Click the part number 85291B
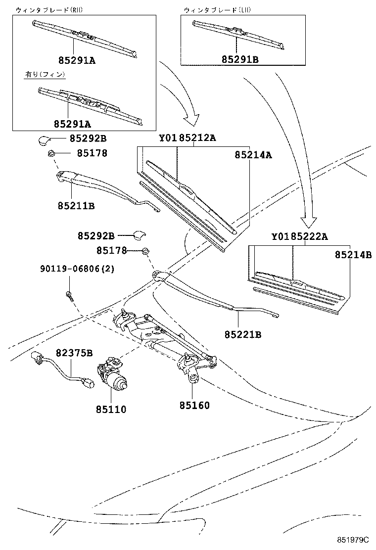[x=239, y=59]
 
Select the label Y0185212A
[x=187, y=138]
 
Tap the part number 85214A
[x=254, y=155]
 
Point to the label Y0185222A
[x=299, y=236]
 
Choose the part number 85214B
[x=353, y=255]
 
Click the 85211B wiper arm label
[x=76, y=205]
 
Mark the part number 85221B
[x=242, y=335]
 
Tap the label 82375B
[x=74, y=353]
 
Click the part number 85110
[x=111, y=409]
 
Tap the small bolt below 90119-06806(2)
[x=68, y=295]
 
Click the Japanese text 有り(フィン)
[x=45, y=75]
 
